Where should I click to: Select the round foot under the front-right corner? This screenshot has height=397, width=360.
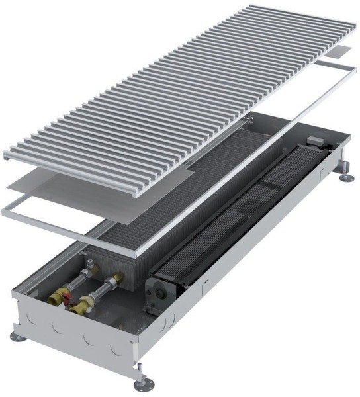[x=141, y=383]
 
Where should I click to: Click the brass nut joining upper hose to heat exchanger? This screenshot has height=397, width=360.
[x=118, y=279]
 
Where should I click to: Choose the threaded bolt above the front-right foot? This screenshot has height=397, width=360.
[x=140, y=371]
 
